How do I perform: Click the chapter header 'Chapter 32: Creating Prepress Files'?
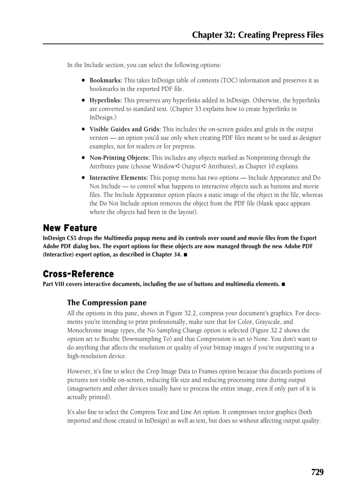pos(258,35)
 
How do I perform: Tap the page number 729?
pos(317,473)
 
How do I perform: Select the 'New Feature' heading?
pos(70,228)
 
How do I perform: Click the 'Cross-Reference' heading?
pos(78,274)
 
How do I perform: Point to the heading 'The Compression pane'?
pos(107,303)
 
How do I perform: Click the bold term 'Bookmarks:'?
pos(106,81)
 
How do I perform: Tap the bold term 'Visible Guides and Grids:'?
pos(125,130)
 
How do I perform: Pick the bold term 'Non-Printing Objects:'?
pos(120,158)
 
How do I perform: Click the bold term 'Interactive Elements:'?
pos(119,178)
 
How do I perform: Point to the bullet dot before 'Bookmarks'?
pos(83,81)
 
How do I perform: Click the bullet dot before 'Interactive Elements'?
pos(83,178)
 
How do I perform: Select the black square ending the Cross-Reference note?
pos(283,284)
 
